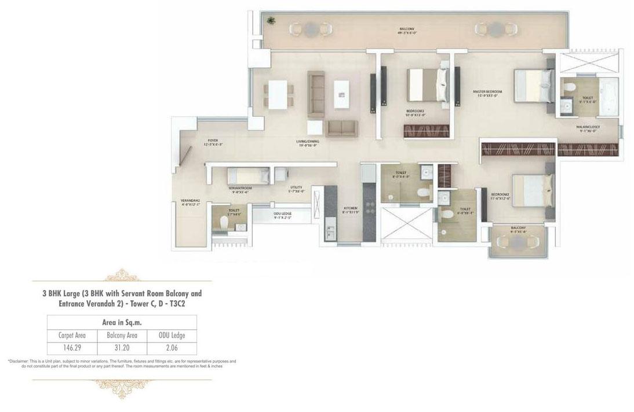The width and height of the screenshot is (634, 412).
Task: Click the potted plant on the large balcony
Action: [x=271, y=21]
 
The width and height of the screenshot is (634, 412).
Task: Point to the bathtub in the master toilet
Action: [x=608, y=93]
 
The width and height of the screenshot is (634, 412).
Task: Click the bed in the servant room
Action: [x=247, y=175]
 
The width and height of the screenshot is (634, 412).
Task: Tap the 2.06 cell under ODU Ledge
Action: [x=171, y=347]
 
